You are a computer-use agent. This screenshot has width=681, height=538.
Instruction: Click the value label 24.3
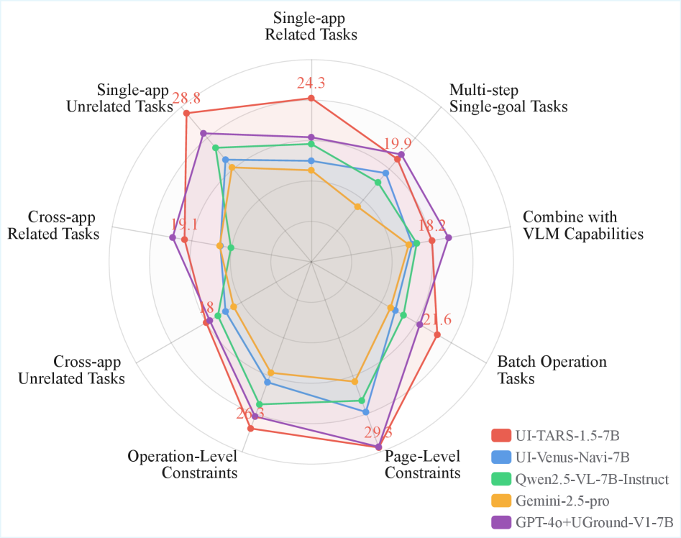(311, 83)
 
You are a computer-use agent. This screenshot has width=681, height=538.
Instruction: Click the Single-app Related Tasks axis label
(311, 25)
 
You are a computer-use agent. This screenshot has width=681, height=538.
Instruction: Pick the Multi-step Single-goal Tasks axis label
(508, 99)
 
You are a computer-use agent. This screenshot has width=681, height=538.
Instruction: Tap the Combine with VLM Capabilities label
(582, 225)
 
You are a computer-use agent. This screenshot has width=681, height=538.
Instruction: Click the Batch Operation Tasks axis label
(552, 370)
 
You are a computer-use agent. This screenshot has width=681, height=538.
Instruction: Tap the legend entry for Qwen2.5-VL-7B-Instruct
(592, 479)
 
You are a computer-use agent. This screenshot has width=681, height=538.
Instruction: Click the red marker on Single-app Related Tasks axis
(311, 98)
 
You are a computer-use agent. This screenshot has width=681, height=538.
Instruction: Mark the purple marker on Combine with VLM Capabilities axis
(448, 237)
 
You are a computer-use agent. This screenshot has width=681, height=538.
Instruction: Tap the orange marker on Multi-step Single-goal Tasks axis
(357, 206)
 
